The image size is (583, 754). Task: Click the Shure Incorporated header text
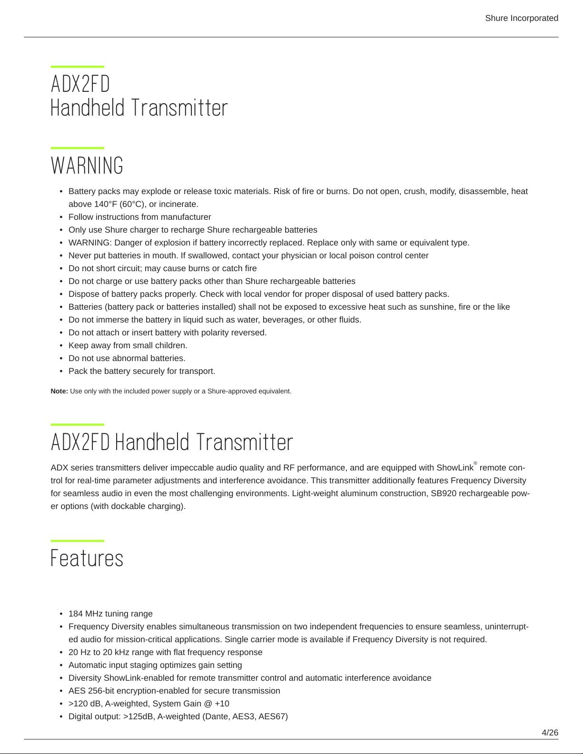(x=521, y=18)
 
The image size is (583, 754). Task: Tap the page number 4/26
(x=550, y=732)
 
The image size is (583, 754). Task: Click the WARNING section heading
(x=87, y=166)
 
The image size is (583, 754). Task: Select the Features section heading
(x=87, y=558)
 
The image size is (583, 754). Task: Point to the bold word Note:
(x=59, y=391)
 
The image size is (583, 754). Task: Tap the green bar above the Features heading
(x=77, y=541)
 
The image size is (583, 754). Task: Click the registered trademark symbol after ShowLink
(x=475, y=463)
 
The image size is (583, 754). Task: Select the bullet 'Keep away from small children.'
(x=128, y=345)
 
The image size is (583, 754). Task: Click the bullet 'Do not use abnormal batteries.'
(x=127, y=358)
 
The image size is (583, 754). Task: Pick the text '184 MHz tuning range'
(x=110, y=614)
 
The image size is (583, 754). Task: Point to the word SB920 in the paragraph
(x=443, y=493)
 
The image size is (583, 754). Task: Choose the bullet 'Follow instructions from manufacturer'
(x=140, y=217)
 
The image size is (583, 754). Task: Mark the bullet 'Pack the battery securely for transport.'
(x=142, y=371)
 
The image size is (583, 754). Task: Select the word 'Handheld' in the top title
(x=88, y=108)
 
